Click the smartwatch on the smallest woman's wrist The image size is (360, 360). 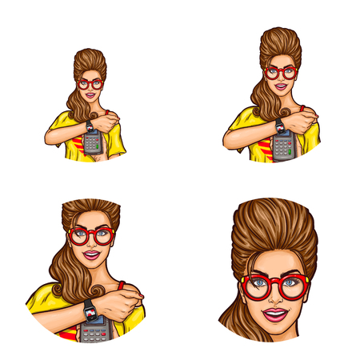[90, 126]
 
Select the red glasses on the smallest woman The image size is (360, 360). [90, 83]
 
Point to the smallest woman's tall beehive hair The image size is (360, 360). [90, 61]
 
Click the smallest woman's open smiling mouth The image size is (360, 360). [90, 95]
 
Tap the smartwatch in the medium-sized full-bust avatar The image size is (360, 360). [279, 125]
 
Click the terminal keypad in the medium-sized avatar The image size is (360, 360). [282, 147]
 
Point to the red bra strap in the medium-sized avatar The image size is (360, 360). [302, 108]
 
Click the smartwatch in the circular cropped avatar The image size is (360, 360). [90, 309]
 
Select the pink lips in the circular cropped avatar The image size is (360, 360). [91, 256]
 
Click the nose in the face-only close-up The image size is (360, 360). [275, 296]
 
